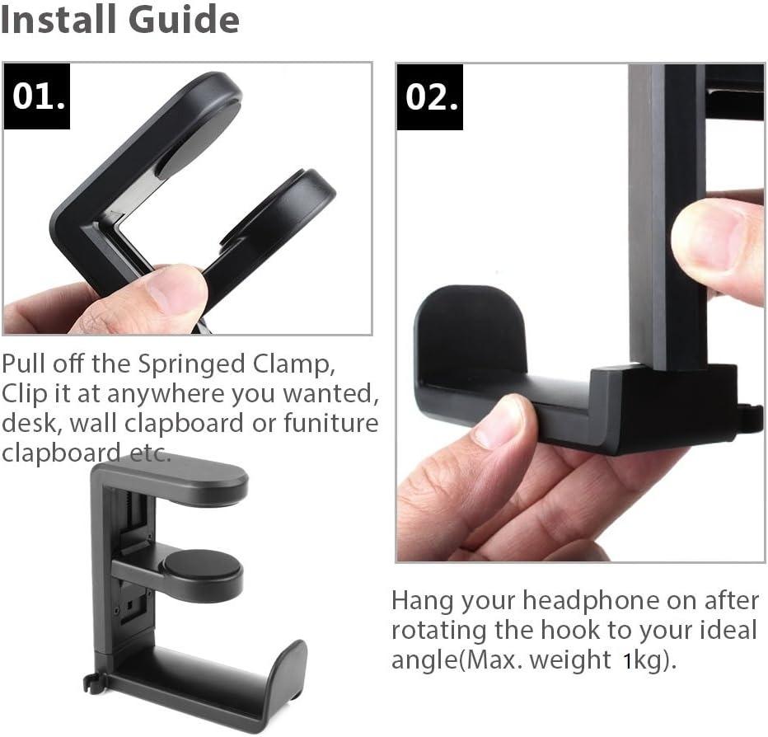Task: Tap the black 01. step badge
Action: pos(38,96)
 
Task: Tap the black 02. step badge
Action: pos(430,96)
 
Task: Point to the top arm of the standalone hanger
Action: pos(190,481)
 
